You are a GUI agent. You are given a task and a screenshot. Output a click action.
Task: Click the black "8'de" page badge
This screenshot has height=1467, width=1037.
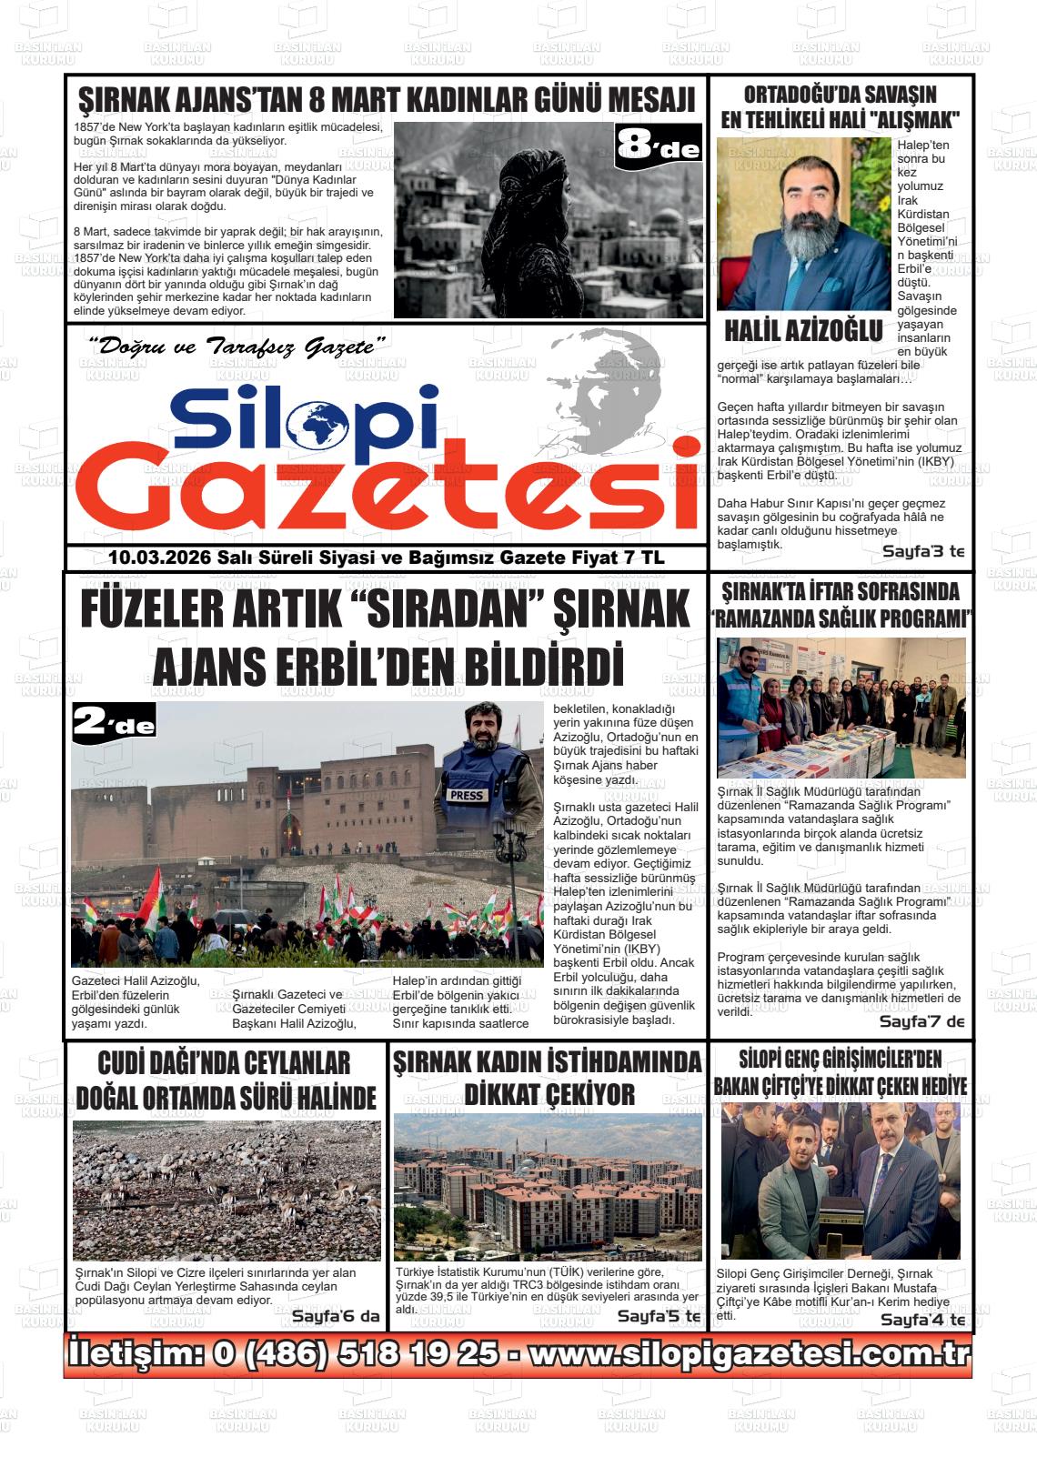pos(659,146)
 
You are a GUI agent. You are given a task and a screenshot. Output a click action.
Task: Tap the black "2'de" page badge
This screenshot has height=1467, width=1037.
pos(115,724)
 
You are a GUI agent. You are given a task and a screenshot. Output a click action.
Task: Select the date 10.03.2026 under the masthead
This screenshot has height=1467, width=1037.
pos(159,558)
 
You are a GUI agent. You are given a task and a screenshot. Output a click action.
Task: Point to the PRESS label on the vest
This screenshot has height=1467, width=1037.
pos(467,795)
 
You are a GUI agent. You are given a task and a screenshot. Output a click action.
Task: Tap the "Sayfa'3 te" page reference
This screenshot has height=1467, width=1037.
pos(922,551)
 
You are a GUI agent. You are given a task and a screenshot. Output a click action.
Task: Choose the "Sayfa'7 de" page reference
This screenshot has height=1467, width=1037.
pos(921,1021)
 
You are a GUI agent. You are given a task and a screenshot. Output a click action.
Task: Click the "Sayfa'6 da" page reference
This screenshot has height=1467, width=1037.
pos(335,1316)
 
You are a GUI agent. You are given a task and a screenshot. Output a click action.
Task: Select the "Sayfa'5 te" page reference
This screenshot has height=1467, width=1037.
pos(659,1316)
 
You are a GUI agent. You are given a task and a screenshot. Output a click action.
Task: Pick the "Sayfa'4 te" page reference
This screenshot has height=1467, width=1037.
pos(922,1320)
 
